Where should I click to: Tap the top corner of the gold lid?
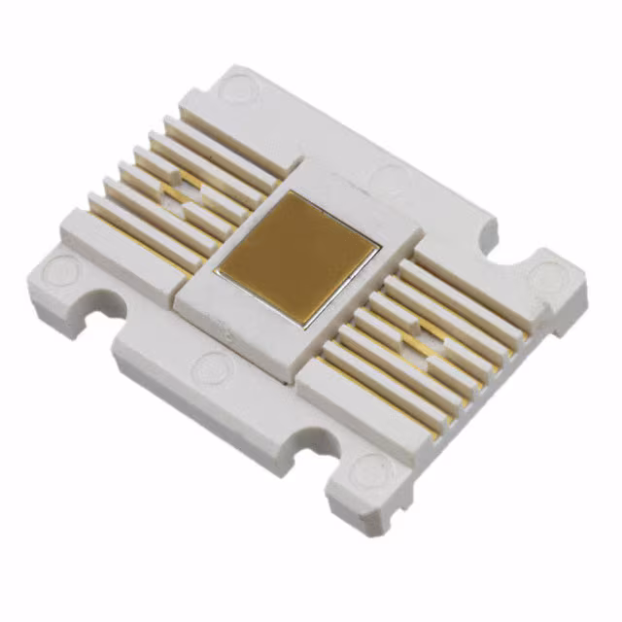tap(291, 191)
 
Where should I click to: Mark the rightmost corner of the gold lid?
tap(379, 240)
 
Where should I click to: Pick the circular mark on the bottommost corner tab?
tap(370, 473)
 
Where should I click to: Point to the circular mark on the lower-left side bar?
tap(212, 367)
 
